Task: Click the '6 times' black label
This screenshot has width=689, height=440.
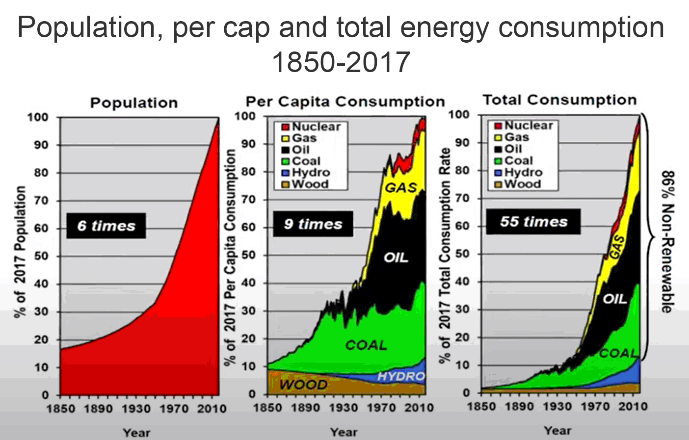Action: click(106, 226)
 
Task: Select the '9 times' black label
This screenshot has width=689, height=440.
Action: click(313, 224)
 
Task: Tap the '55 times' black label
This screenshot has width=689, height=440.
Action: click(533, 222)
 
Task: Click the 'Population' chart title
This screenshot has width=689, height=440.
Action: click(133, 103)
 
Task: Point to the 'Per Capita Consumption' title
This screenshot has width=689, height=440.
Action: click(345, 102)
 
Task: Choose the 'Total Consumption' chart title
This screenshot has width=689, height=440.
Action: click(559, 100)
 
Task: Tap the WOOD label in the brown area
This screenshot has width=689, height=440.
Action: click(303, 385)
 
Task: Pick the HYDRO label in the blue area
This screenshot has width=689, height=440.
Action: click(400, 376)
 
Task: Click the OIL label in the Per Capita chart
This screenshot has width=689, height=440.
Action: click(396, 258)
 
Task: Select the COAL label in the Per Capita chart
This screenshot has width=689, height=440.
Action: click(366, 345)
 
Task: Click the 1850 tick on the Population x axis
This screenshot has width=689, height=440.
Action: click(60, 409)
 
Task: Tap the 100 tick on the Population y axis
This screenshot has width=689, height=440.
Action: click(38, 117)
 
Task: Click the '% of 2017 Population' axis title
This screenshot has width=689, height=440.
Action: click(20, 251)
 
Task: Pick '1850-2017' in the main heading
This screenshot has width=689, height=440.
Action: click(341, 62)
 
